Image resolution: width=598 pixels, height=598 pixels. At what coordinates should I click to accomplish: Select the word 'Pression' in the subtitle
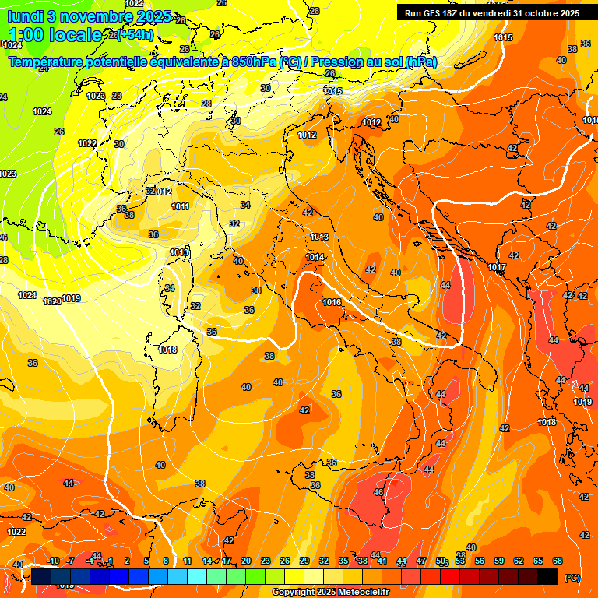pos(341,62)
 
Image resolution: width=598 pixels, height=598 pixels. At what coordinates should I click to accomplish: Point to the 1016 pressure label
pos(332,302)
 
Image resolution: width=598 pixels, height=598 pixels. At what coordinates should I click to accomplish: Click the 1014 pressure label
pos(315,257)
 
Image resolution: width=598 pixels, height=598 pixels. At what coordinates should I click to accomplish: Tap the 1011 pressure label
pos(181,207)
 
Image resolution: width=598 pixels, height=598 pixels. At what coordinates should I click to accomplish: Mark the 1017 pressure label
pos(497,268)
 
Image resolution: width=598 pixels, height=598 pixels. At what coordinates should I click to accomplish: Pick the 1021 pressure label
pos(27,296)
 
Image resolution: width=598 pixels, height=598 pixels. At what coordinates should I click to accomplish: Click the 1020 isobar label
pos(52,301)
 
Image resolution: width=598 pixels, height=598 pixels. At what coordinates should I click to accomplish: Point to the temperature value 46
pos(378,493)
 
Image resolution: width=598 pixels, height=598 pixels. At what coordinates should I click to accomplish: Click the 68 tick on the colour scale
pos(558,561)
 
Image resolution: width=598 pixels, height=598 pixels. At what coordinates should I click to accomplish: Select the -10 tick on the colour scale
pos(53,561)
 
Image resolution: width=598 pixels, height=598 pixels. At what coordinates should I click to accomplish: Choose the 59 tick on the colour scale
pos(499,561)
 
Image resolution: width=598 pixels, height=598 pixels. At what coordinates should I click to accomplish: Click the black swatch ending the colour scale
pos(547,576)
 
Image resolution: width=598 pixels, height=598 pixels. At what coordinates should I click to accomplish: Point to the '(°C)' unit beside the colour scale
pos(572,578)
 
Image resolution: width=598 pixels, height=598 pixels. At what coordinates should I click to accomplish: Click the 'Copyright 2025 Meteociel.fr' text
pos(331,592)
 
